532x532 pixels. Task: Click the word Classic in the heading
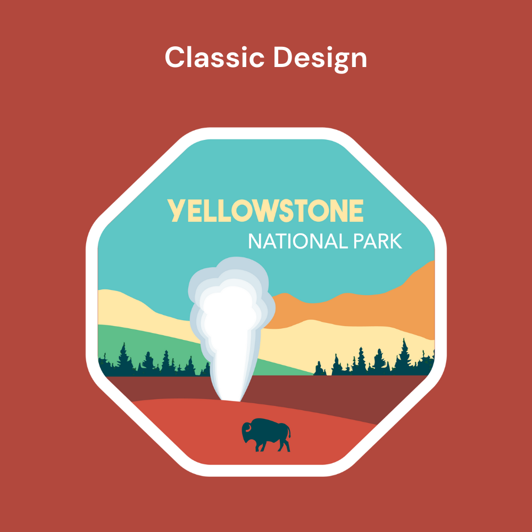coord(214,57)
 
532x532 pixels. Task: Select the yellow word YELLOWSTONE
coord(265,211)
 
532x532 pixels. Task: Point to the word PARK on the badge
coord(378,241)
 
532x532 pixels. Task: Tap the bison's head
coord(248,431)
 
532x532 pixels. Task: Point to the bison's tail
coord(289,433)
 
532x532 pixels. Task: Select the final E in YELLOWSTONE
coord(356,211)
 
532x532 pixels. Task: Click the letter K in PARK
coord(396,241)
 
